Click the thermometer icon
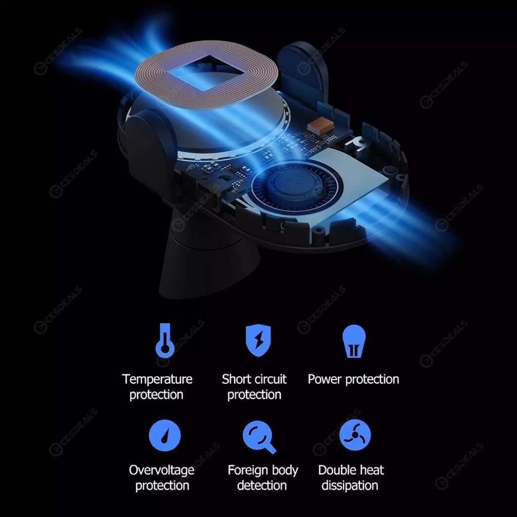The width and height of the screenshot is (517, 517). coord(165,341)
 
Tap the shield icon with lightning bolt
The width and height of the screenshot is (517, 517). coord(258,341)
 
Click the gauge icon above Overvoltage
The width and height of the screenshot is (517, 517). coord(165,435)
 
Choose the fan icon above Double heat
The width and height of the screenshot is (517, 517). coord(355,435)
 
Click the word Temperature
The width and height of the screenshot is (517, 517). coord(158,380)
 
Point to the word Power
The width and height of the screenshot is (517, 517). coord(325,380)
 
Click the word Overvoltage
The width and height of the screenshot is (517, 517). coord(162,471)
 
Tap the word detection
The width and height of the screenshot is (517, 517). coord(262,485)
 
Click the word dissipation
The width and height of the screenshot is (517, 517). coord(350,485)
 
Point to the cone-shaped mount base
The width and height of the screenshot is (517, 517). coord(210,267)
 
